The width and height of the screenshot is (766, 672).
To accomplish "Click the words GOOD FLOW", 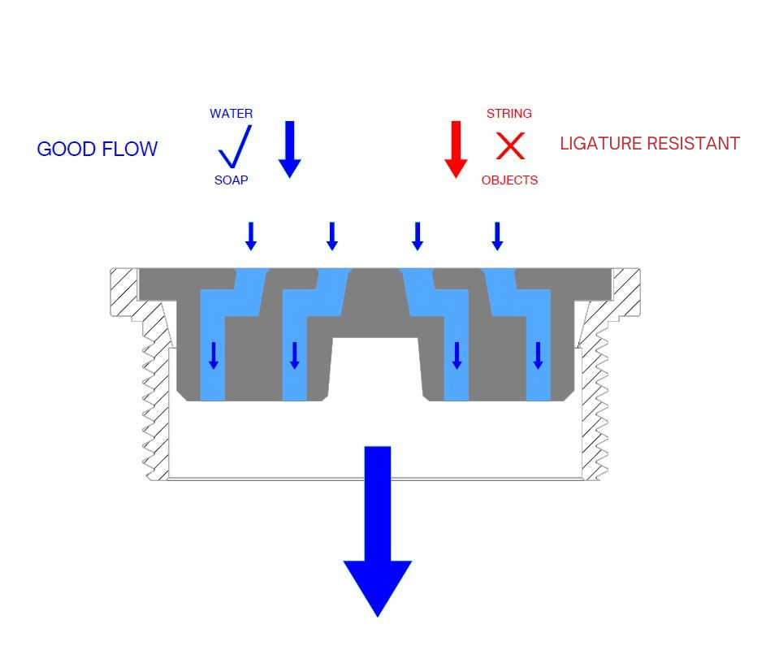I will click(x=97, y=150).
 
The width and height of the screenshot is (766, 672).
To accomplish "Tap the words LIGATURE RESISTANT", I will click(x=650, y=144).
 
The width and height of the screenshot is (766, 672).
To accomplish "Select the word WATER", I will click(x=231, y=114).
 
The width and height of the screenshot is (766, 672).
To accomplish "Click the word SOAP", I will click(x=231, y=180).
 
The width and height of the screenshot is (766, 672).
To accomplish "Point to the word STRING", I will click(x=509, y=114).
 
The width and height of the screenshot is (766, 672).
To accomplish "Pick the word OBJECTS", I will click(x=509, y=180).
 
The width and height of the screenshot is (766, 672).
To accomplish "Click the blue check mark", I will click(x=234, y=147).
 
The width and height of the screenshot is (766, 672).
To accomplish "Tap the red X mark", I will click(x=510, y=146).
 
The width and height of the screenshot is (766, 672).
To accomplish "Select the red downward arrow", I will click(x=456, y=149).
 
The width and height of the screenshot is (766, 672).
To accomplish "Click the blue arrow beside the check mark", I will click(x=290, y=149).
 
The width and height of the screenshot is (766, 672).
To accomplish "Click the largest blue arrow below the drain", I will click(x=378, y=536).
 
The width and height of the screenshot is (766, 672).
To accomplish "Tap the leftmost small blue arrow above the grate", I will click(x=251, y=236).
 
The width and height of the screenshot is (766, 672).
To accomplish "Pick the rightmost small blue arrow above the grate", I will click(x=497, y=236).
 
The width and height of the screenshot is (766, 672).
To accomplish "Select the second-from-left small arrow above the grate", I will click(x=331, y=236).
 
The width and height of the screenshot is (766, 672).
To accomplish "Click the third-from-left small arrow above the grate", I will click(x=418, y=236).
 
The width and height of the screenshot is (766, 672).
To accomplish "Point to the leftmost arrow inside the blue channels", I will click(x=214, y=355).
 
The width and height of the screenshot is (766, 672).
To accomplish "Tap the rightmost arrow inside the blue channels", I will click(x=538, y=355).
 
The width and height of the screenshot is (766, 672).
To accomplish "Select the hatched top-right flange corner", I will click(x=626, y=292).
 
